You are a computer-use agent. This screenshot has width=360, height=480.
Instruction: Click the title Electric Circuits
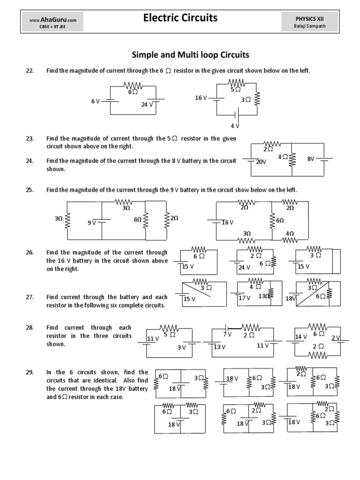tap(180, 18)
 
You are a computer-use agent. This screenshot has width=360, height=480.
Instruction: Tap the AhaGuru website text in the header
tap(52, 20)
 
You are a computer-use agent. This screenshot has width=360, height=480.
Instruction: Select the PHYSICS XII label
tap(309, 19)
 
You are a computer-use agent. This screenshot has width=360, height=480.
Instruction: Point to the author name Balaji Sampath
tap(309, 27)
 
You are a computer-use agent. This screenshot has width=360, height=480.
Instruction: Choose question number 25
tap(30, 190)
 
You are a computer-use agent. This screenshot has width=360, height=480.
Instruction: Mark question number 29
tap(30, 372)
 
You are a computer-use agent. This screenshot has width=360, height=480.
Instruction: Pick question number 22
tap(30, 70)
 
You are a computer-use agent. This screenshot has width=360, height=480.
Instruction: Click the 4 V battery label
tap(235, 126)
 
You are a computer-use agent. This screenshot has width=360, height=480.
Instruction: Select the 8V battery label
tap(311, 159)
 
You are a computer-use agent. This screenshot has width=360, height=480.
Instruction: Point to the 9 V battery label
tap(91, 223)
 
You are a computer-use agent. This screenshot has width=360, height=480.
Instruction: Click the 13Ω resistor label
tap(264, 296)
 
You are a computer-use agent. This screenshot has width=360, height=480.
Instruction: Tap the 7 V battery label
tap(227, 334)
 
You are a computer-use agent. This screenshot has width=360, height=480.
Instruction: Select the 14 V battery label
tap(301, 337)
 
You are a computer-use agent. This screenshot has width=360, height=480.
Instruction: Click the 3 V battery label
tap(181, 347)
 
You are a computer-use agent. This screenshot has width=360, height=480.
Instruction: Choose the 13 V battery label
tap(220, 347)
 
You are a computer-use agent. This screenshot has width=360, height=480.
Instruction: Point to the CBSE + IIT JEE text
tap(52, 27)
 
